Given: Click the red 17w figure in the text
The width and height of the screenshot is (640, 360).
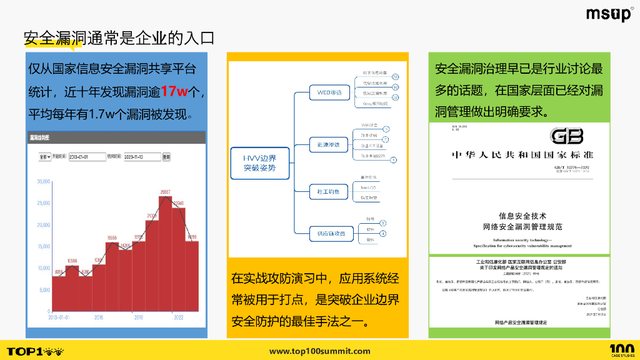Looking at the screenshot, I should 174,91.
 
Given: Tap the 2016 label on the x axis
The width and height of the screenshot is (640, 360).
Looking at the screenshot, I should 99,317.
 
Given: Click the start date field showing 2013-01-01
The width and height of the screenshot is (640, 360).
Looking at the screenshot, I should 87,157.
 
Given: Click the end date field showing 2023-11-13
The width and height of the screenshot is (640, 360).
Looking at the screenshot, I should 142,157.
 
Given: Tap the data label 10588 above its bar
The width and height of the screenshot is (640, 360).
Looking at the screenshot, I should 72,261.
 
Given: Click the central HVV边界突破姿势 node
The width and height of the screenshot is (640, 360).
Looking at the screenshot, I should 260,163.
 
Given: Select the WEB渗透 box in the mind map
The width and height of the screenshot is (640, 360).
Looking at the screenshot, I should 329,93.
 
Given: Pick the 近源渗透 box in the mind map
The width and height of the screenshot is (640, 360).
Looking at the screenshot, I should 329,145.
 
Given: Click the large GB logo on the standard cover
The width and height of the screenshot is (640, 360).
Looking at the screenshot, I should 566,136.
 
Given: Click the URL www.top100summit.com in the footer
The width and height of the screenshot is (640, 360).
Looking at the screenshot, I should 319,351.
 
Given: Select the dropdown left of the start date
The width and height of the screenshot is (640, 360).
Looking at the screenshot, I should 45,157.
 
